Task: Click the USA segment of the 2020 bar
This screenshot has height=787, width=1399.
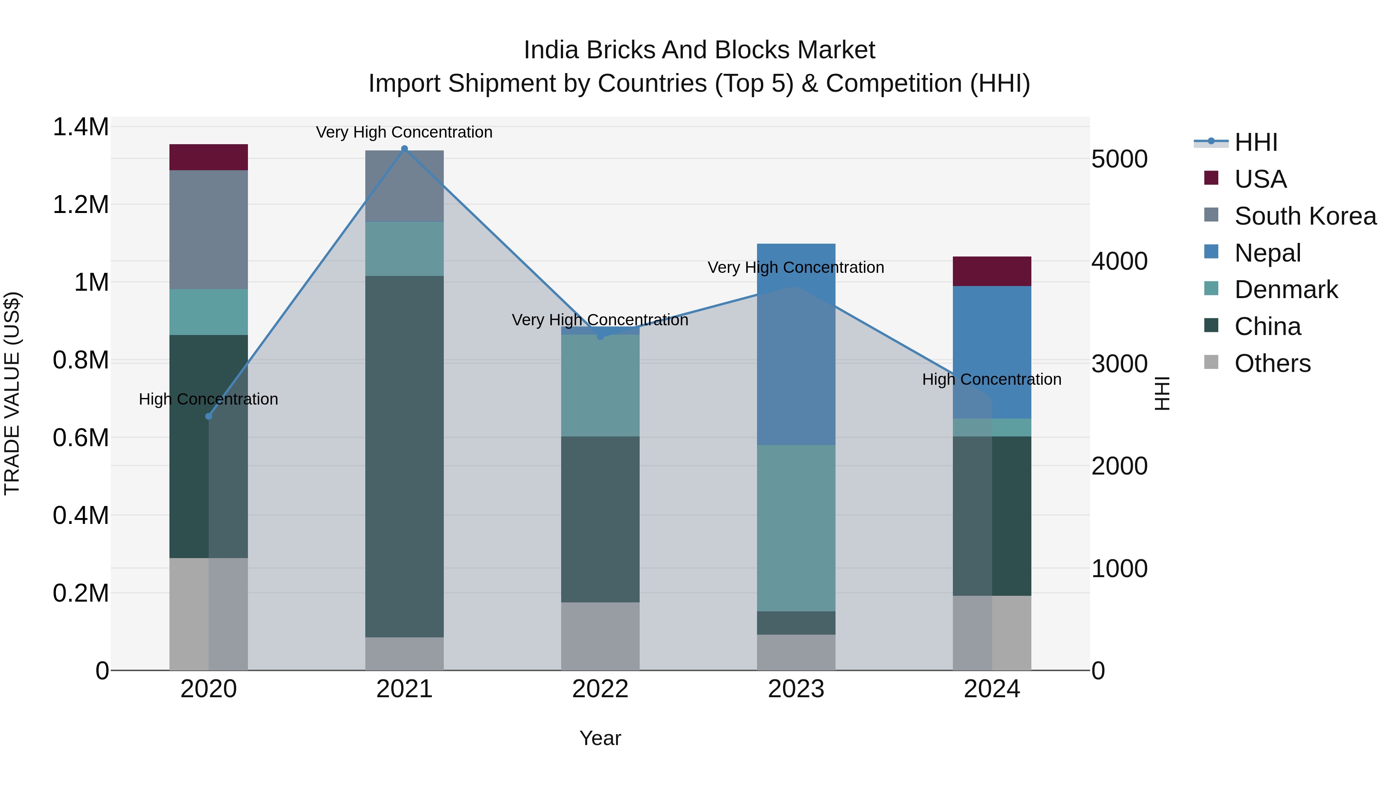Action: click(209, 157)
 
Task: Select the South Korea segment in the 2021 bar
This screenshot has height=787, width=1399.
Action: click(404, 186)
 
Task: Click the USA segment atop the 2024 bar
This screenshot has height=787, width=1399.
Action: click(992, 271)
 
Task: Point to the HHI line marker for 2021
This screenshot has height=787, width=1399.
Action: click(404, 149)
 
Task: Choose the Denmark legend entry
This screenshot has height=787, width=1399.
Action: click(1285, 290)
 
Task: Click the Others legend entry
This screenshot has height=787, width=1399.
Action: click(1272, 363)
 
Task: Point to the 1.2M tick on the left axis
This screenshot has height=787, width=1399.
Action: click(80, 205)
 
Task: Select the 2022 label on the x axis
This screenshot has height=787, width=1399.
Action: click(600, 689)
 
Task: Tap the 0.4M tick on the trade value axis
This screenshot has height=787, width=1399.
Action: click(80, 515)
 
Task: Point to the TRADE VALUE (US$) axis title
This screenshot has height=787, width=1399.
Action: click(12, 393)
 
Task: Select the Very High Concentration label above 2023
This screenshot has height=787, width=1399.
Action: click(795, 268)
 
